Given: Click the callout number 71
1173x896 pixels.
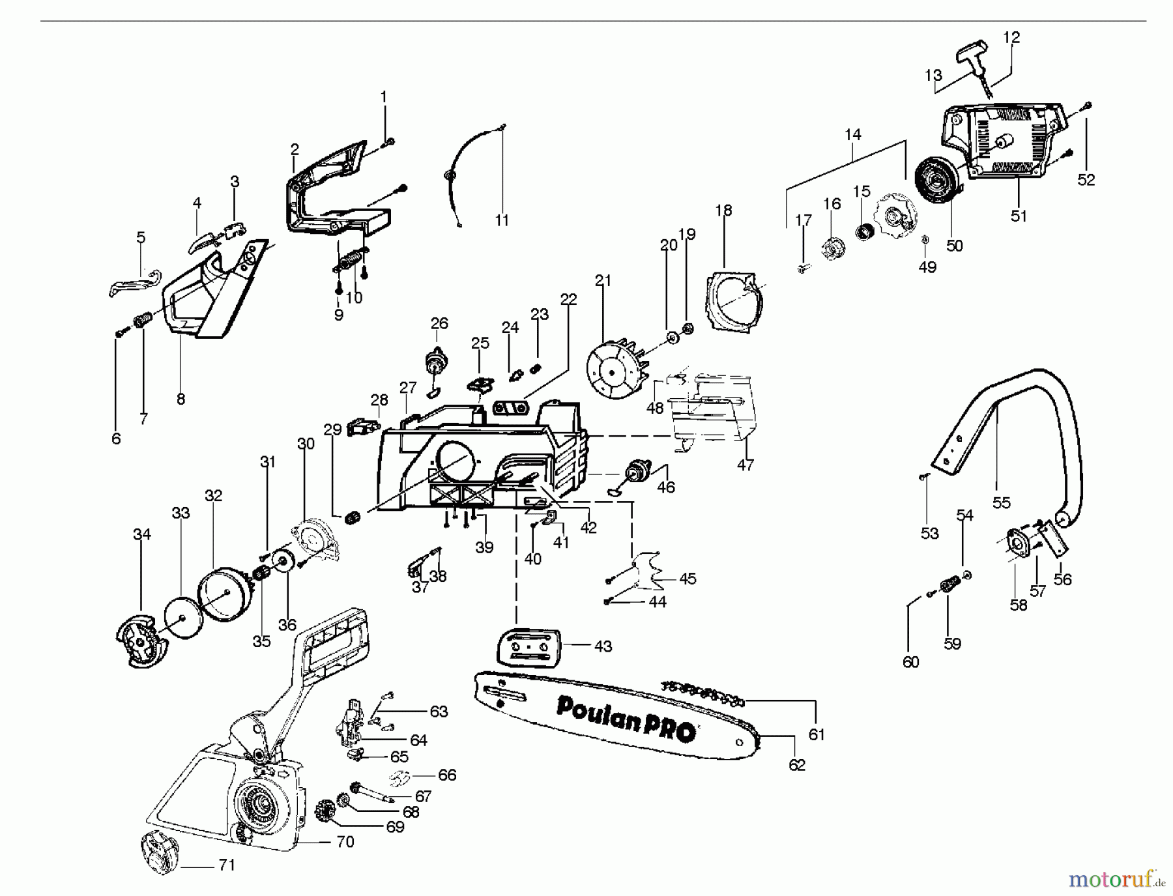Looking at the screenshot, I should pyautogui.click(x=227, y=865).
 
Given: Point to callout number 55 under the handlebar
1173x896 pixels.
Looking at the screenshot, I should pyautogui.click(x=1001, y=502).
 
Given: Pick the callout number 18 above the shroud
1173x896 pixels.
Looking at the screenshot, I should pyautogui.click(x=723, y=210).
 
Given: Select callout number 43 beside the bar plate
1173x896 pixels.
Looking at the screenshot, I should pyautogui.click(x=603, y=646).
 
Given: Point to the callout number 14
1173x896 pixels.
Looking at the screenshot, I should pyautogui.click(x=852, y=134).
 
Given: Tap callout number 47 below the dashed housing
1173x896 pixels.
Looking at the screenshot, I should pyautogui.click(x=746, y=465).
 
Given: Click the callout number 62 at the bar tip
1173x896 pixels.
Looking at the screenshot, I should pyautogui.click(x=797, y=765).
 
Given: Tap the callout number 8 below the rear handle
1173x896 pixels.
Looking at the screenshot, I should pyautogui.click(x=181, y=399).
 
